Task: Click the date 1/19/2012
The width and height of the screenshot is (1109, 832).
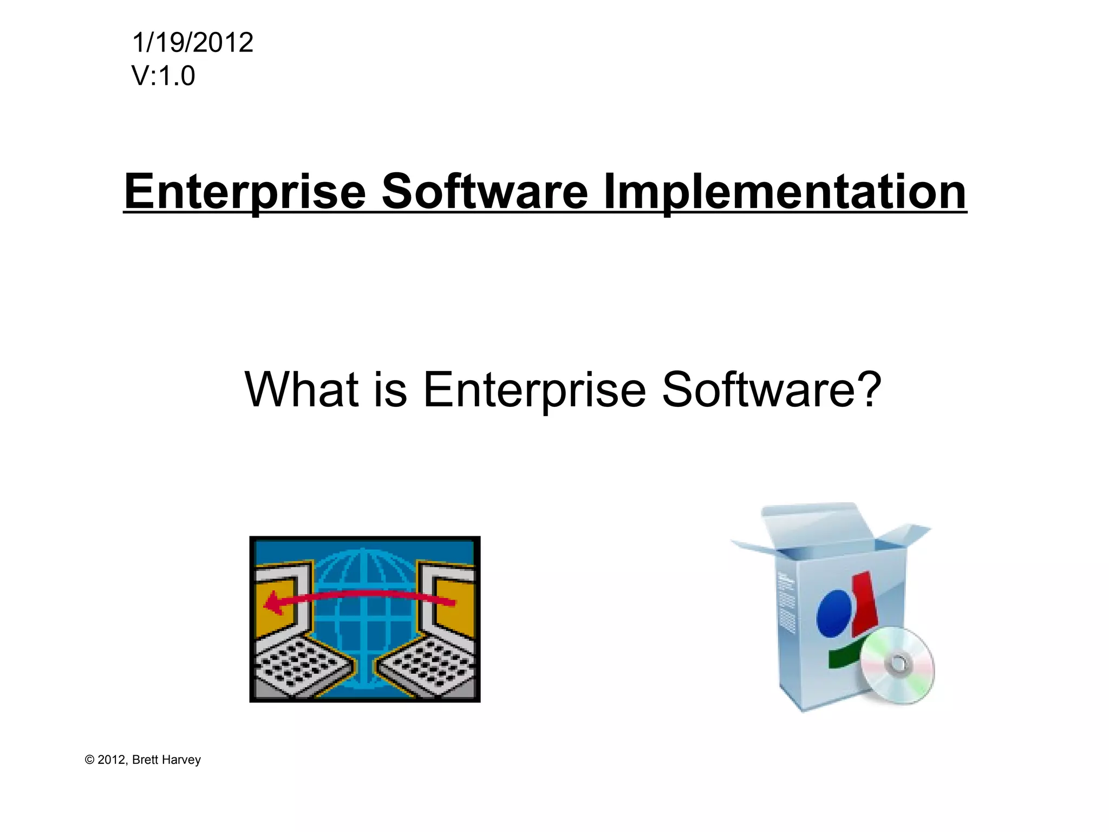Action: tap(192, 43)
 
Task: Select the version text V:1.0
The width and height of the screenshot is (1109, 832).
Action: tap(163, 76)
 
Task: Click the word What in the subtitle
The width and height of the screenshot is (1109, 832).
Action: tap(302, 389)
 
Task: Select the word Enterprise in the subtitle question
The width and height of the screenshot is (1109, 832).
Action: tap(534, 389)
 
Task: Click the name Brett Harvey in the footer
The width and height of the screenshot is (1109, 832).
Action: tap(166, 760)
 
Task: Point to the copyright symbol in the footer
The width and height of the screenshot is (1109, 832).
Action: tap(90, 760)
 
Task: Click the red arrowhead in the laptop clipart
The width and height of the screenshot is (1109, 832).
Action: tap(273, 602)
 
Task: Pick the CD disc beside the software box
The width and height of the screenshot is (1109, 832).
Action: tap(897, 665)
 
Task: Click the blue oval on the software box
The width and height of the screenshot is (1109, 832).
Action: tap(833, 613)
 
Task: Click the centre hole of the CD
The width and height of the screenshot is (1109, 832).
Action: tap(898, 663)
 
